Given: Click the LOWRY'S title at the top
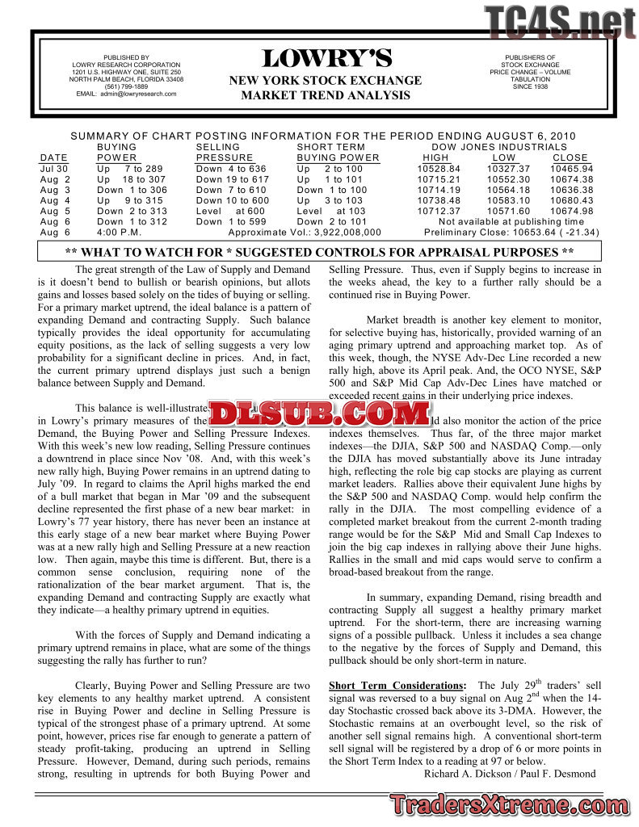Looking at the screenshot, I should [x=326, y=59].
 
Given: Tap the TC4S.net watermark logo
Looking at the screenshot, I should [x=560, y=21].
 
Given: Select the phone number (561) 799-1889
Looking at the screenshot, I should [x=126, y=86].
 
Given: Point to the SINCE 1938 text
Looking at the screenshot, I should [x=530, y=86].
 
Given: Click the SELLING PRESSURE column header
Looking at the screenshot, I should [x=225, y=152].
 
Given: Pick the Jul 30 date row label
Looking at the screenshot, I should [x=53, y=169].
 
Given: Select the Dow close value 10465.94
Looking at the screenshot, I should [x=573, y=169].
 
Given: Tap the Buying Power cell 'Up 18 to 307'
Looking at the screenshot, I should [x=131, y=179].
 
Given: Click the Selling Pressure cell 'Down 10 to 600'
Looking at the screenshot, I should [x=233, y=200].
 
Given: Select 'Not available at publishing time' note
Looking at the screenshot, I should [x=511, y=221].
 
